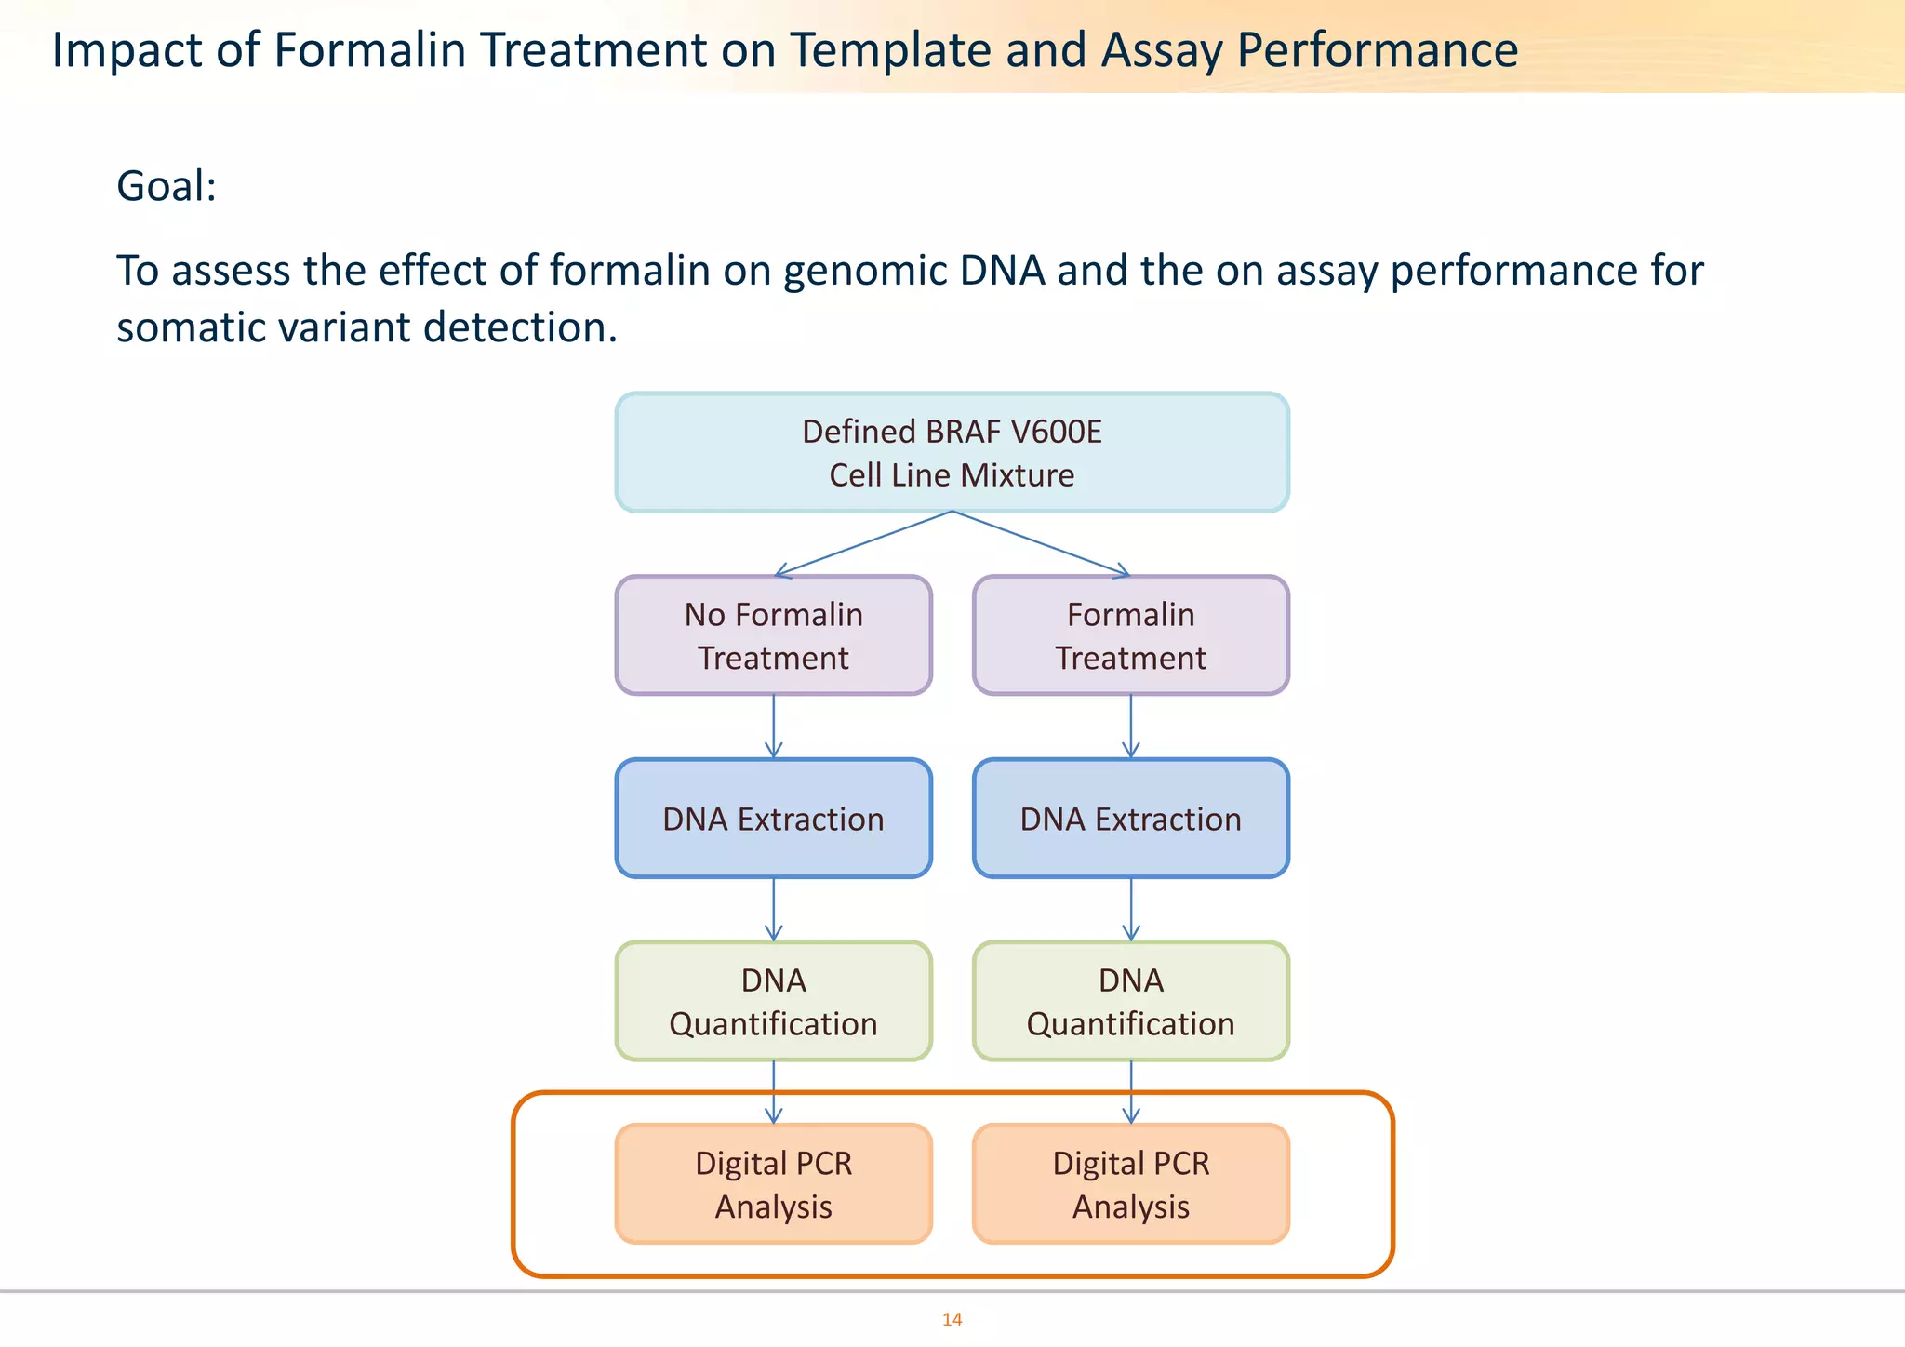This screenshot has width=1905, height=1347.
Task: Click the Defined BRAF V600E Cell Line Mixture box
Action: (952, 453)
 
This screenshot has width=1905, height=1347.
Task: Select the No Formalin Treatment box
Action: (773, 635)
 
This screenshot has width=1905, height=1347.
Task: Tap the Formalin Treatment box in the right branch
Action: (1130, 635)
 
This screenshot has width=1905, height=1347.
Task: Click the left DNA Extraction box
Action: (773, 819)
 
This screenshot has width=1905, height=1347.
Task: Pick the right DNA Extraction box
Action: (1130, 819)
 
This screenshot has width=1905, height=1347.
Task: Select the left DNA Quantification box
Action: (773, 1001)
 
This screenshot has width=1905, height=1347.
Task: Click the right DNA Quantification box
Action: (1130, 1001)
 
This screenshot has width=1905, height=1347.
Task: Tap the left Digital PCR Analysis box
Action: (773, 1183)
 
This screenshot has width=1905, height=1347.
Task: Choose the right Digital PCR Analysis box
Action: (1130, 1183)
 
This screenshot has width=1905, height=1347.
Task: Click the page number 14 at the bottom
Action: (952, 1319)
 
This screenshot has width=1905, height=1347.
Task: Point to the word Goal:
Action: (167, 186)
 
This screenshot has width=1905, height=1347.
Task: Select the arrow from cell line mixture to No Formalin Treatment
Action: (863, 544)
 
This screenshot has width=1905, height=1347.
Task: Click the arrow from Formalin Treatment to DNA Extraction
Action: (1131, 726)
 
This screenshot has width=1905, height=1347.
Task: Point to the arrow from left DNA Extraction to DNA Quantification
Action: (774, 909)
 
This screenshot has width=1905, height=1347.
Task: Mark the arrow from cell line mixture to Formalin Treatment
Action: (1042, 544)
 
